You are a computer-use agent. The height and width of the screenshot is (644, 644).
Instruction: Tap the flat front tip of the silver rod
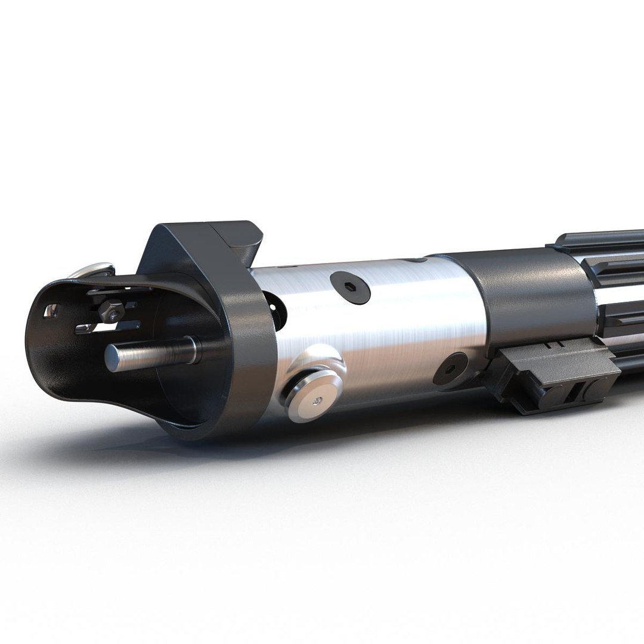(x=112, y=358)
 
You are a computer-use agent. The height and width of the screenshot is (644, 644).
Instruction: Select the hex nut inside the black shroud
(x=112, y=311)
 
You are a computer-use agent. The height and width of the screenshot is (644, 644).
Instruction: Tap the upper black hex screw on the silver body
(x=350, y=287)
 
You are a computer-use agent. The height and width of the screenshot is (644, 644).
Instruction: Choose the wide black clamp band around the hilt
(x=525, y=298)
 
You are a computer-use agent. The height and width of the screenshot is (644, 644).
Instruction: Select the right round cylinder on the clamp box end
(x=593, y=390)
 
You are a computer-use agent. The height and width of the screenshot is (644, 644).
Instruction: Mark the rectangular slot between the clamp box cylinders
(x=573, y=395)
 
